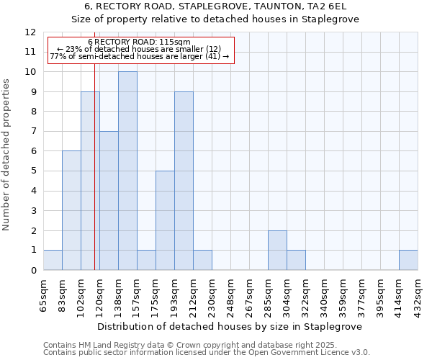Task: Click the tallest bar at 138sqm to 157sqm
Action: [x=127, y=171]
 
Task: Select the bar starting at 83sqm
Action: [x=71, y=210]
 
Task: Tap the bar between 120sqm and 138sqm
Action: [x=109, y=200]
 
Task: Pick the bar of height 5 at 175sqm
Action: [x=165, y=220]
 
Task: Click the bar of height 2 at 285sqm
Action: [x=277, y=250]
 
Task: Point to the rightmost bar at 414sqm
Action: [x=408, y=260]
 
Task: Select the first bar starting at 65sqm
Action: [x=53, y=260]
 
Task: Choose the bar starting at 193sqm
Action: [x=184, y=181]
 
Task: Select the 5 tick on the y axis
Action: [x=33, y=171]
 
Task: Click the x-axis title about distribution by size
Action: [x=230, y=325]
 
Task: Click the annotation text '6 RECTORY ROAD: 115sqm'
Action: [x=139, y=42]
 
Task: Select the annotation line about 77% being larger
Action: [x=139, y=56]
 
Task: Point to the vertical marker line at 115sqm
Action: [x=94, y=180]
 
